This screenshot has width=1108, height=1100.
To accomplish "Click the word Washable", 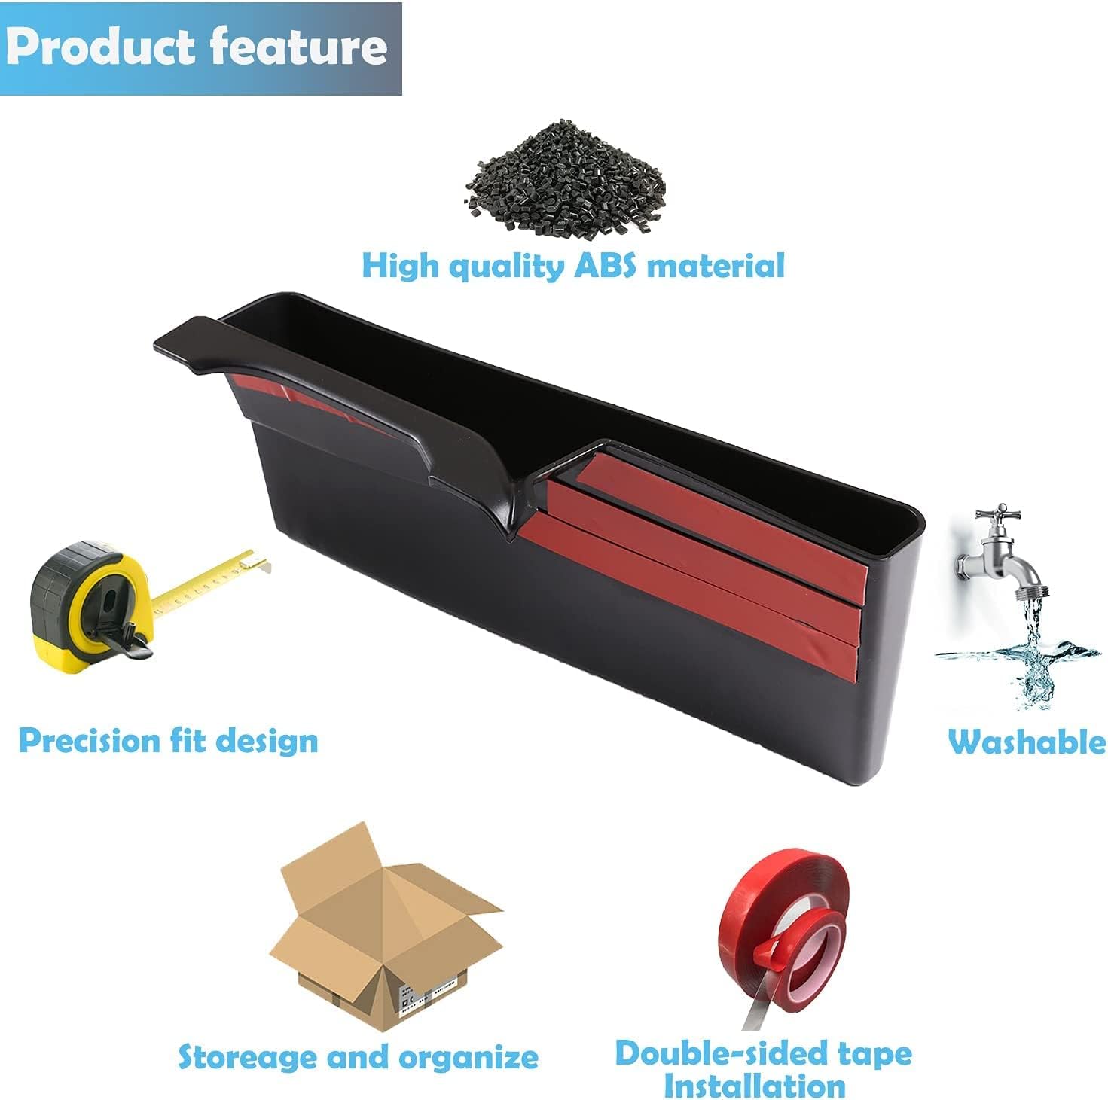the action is (1027, 742).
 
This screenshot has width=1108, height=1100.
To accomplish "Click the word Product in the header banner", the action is (101, 47).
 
